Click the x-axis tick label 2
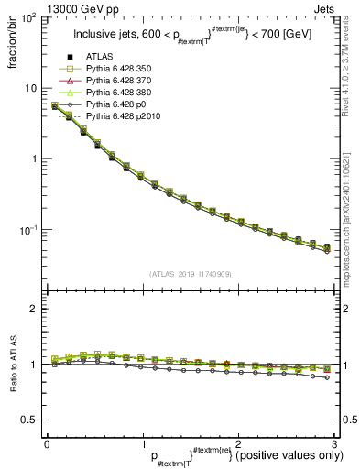(238, 443)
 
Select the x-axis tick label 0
(47, 443)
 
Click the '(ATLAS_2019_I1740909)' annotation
(190, 274)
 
